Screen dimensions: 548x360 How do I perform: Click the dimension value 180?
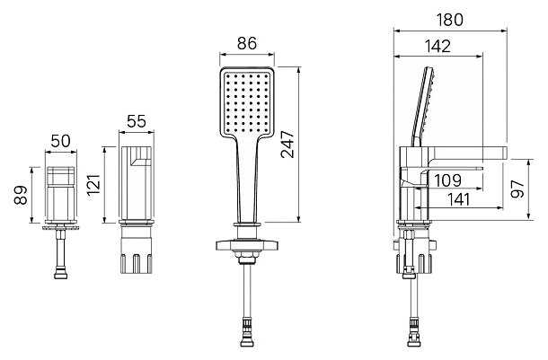(x=450, y=20)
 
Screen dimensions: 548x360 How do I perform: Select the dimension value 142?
(x=438, y=46)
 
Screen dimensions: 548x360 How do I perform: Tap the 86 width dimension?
(x=247, y=43)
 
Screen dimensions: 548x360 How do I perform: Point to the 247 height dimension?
(x=287, y=144)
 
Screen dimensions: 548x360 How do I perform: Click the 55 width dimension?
(x=137, y=121)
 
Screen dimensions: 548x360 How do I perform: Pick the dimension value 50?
(x=61, y=141)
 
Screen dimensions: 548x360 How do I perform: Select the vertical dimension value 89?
(x=21, y=195)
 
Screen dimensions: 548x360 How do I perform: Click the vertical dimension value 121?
(x=93, y=185)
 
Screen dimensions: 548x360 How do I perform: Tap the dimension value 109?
(x=448, y=180)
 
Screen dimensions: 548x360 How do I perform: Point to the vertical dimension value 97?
(x=517, y=189)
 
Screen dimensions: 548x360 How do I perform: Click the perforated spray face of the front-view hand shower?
(x=246, y=102)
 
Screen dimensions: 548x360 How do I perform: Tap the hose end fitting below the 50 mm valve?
(x=61, y=273)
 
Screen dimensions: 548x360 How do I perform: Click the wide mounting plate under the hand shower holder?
(x=247, y=245)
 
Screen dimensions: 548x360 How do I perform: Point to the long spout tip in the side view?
(x=504, y=154)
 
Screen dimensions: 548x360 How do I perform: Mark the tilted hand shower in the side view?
(x=424, y=107)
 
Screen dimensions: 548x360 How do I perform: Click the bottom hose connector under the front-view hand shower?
(x=247, y=336)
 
